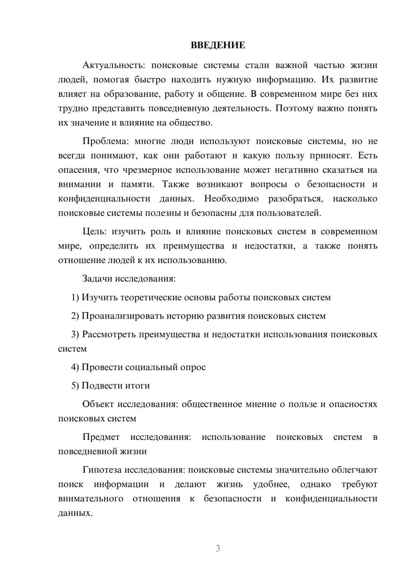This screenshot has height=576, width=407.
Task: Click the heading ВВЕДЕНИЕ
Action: click(218, 45)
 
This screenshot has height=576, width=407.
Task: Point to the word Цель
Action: click(94, 231)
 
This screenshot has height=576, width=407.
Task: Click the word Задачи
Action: click(97, 279)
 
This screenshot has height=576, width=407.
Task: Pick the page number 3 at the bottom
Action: click(218, 548)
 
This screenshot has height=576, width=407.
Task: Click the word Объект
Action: click(98, 404)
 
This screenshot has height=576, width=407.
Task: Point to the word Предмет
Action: click(101, 437)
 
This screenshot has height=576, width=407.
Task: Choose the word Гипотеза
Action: click(102, 470)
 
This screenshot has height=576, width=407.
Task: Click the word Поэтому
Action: click(293, 108)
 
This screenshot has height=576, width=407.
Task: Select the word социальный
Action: click(151, 367)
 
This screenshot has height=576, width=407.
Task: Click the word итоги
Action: click(138, 385)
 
